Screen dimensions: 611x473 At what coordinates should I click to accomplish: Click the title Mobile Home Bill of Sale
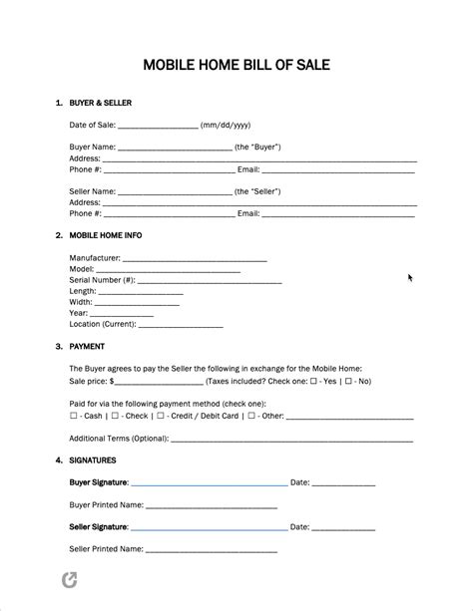pos(236,66)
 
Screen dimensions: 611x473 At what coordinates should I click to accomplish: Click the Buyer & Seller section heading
pos(100,103)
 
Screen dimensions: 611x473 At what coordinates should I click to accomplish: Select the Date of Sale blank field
pos(158,127)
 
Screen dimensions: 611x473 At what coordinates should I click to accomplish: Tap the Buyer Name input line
pos(176,149)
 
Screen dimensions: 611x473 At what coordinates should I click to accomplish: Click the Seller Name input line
pos(176,192)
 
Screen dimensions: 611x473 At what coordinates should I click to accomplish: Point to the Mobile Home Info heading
pos(105,236)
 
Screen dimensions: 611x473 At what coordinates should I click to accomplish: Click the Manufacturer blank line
pos(195,259)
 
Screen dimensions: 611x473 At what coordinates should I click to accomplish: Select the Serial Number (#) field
pos(210,282)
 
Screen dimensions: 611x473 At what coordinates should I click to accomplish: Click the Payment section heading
pos(87,347)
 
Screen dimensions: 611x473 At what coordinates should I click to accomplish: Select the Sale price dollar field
pos(160,382)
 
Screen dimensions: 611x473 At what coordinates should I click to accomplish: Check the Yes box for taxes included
pos(314,381)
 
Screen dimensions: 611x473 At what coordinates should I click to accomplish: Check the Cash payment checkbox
pos(73,416)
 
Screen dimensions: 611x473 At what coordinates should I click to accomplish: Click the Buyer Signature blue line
pos(209,484)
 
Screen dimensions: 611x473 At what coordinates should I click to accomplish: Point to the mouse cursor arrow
pos(410,278)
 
